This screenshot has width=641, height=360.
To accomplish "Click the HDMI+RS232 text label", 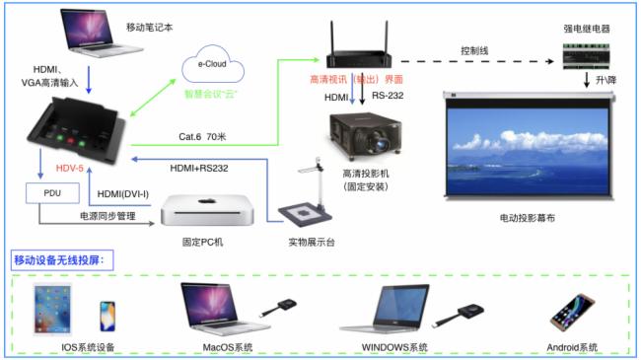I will tap(199, 169).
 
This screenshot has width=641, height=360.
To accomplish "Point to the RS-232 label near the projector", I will tap(388, 96).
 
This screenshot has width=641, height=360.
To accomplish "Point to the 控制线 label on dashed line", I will tap(477, 49).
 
